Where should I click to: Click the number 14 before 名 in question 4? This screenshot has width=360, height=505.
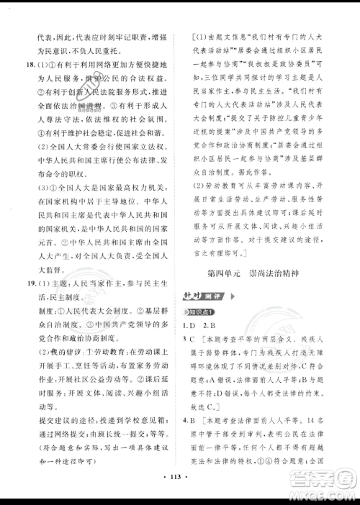[x=322, y=418]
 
